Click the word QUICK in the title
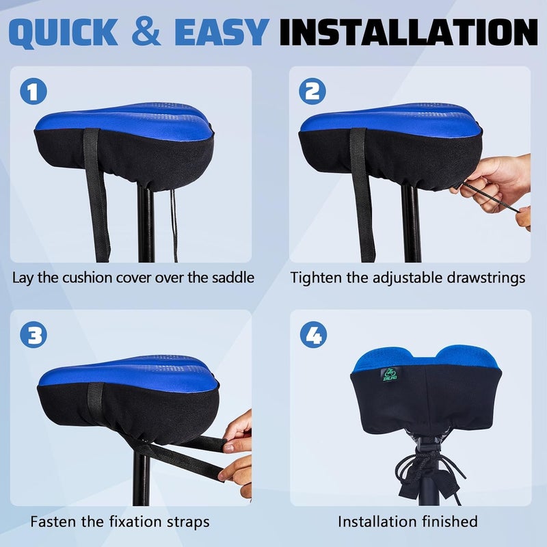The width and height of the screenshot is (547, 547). [x=64, y=32]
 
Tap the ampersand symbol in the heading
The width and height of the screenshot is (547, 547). [x=146, y=31]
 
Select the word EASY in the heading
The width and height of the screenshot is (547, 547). [x=222, y=32]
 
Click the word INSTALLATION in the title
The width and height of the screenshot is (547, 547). [x=409, y=32]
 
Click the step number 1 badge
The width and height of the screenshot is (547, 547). [x=34, y=92]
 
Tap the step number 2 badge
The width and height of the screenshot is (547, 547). [x=312, y=92]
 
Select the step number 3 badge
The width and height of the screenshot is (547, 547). [x=34, y=335]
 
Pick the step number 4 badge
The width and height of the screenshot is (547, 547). [x=314, y=335]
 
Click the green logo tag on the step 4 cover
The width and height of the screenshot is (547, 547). [x=389, y=374]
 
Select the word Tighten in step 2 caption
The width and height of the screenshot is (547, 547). [x=316, y=278]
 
